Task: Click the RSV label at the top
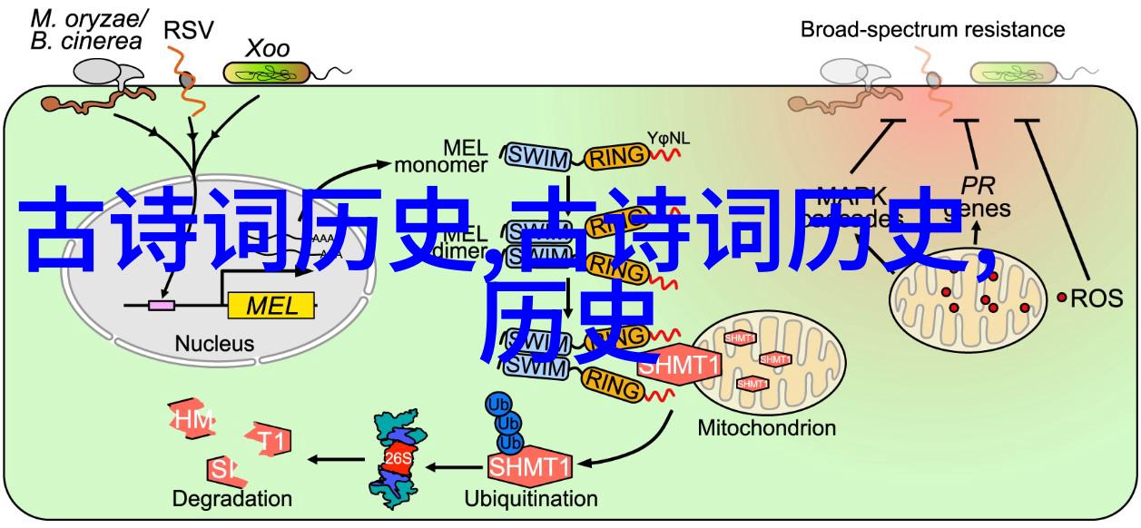(x=188, y=30)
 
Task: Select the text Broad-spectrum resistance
(x=932, y=29)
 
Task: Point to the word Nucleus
(x=215, y=344)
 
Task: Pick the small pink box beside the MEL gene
(x=162, y=306)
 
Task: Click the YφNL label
(x=668, y=139)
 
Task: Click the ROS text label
(x=1097, y=298)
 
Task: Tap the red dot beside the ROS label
(x=1062, y=298)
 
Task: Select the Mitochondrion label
(x=767, y=427)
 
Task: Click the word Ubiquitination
(x=531, y=498)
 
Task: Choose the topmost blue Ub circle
(x=498, y=403)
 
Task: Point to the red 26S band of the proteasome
(x=396, y=459)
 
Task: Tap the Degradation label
(x=232, y=498)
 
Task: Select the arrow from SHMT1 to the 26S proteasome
(x=453, y=466)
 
